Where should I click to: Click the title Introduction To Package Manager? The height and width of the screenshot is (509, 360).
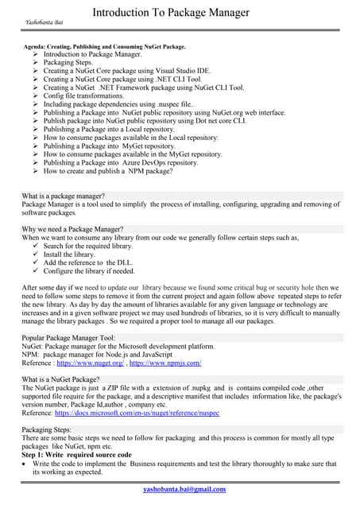click(x=171, y=13)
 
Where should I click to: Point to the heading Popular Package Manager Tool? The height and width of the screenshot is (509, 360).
click(x=68, y=338)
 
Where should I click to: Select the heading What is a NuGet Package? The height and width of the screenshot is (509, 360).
click(x=60, y=379)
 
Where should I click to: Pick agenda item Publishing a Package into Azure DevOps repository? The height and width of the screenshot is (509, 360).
click(x=121, y=162)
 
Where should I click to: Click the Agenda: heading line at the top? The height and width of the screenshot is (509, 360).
click(x=105, y=47)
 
